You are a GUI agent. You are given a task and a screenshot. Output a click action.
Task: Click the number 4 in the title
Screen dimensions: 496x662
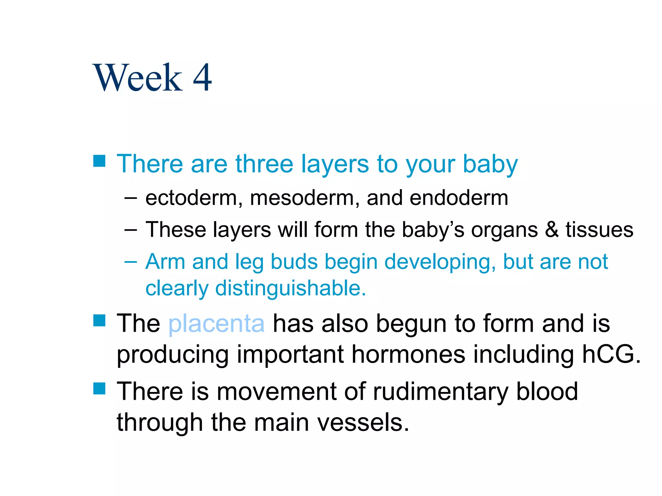coord(202,78)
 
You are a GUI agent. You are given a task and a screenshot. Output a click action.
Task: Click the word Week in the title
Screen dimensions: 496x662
coord(138,78)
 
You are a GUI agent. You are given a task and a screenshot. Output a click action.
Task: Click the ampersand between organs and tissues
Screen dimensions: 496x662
coord(551,230)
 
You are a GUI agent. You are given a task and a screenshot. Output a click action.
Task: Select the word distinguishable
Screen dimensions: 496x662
coord(290,288)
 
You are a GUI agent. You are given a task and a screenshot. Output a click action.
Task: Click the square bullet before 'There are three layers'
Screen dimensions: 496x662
coord(99,161)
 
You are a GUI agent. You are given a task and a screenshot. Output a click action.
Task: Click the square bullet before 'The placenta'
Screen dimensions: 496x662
coord(99,321)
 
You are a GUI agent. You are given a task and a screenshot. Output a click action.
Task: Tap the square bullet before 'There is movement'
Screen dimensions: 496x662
coord(99,388)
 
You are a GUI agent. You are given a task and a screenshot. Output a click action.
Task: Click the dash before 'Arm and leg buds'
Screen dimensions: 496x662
coord(131,262)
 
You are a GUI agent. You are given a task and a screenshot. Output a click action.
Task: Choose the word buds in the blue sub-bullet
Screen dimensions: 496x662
coord(294,261)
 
